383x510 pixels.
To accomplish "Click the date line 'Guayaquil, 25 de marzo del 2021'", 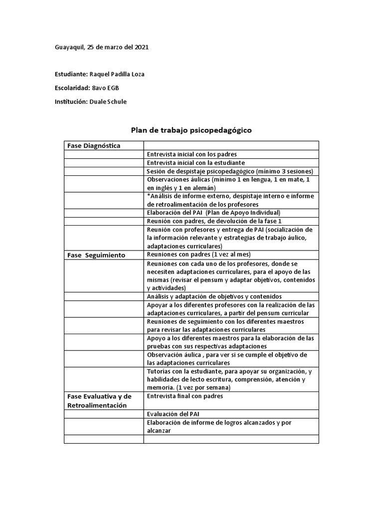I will tap(101, 47).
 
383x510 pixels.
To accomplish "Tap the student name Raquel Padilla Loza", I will tap(117, 75).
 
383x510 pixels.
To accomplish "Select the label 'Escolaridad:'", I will tap(72, 88).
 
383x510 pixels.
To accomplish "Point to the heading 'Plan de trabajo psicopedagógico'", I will tap(191, 130).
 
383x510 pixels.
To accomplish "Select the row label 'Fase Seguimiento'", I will tap(96, 255).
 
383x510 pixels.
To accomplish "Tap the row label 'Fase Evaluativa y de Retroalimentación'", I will tap(99, 400).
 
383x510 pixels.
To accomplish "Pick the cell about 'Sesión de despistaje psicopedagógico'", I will tap(230, 171).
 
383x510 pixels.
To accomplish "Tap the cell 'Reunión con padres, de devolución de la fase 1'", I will tap(214, 221).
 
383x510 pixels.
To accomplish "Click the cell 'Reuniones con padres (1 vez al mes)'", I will tap(198, 255).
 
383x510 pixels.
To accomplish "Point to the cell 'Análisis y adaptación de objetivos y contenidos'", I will tap(214, 296).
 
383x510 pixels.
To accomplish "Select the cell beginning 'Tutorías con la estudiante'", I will tap(230, 380).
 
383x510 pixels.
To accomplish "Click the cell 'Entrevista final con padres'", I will tap(185, 396).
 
